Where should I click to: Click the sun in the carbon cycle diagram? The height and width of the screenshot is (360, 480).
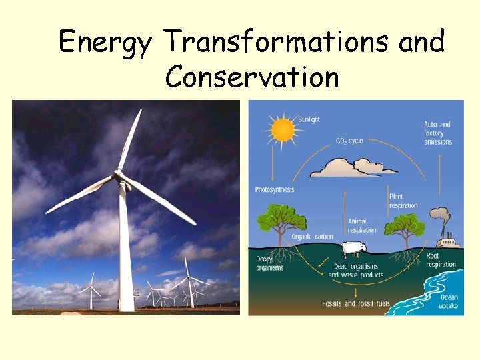[x=283, y=129]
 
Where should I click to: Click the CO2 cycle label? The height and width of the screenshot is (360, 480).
[x=350, y=141]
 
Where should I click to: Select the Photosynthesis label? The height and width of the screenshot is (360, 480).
[x=275, y=190]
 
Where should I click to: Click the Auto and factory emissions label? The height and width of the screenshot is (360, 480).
[x=437, y=133]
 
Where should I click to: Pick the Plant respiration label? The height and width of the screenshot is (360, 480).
[x=405, y=201]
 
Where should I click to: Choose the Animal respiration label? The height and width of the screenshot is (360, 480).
[x=362, y=225]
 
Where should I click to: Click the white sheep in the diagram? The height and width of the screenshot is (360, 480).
[x=353, y=249]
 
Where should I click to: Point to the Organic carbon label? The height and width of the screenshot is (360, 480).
[x=313, y=237]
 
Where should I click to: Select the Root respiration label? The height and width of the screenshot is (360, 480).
[x=441, y=260]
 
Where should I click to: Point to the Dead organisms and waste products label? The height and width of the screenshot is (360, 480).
[x=355, y=271]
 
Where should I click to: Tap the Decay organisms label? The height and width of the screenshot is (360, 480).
[x=270, y=263]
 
